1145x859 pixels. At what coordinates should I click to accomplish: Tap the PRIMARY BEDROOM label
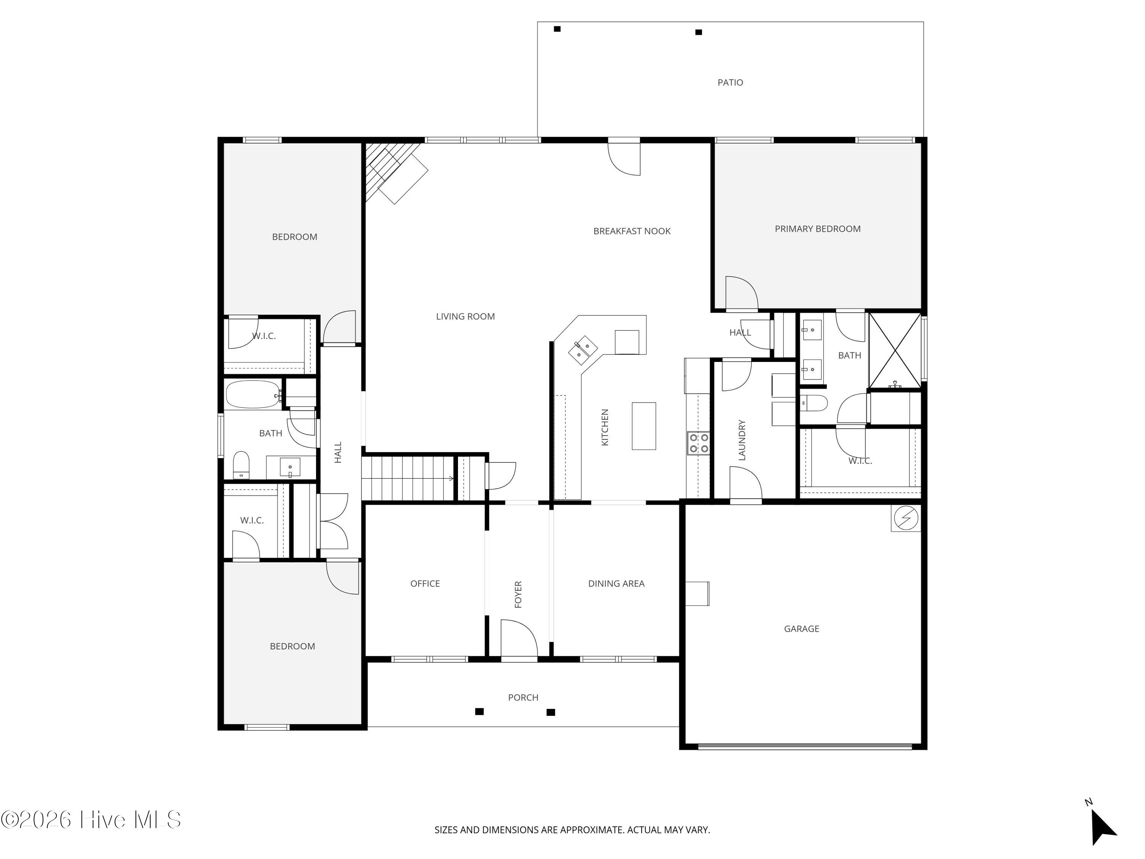pyautogui.click(x=818, y=229)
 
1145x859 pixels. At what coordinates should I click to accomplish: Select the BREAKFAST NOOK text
pyautogui.click(x=632, y=231)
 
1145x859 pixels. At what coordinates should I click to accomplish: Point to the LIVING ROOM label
pyautogui.click(x=465, y=316)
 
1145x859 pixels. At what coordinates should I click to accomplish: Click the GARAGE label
pyautogui.click(x=801, y=628)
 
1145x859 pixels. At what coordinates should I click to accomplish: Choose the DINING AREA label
pyautogui.click(x=616, y=583)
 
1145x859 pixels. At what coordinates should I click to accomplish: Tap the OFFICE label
pyautogui.click(x=425, y=583)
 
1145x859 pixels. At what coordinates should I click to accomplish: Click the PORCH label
pyautogui.click(x=523, y=698)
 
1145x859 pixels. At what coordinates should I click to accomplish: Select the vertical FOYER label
pyautogui.click(x=518, y=594)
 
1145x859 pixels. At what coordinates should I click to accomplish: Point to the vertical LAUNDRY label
pyautogui.click(x=742, y=440)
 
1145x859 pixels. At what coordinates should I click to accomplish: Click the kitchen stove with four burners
pyautogui.click(x=698, y=443)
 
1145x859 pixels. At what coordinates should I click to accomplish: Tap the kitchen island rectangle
pyautogui.click(x=644, y=426)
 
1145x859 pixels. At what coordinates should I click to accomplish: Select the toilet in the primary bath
pyautogui.click(x=814, y=403)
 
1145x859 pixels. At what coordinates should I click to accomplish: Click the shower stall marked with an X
pyautogui.click(x=895, y=350)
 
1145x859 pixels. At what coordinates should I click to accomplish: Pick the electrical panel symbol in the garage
pyautogui.click(x=906, y=517)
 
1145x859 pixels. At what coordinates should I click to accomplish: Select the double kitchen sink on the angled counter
pyautogui.click(x=583, y=350)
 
